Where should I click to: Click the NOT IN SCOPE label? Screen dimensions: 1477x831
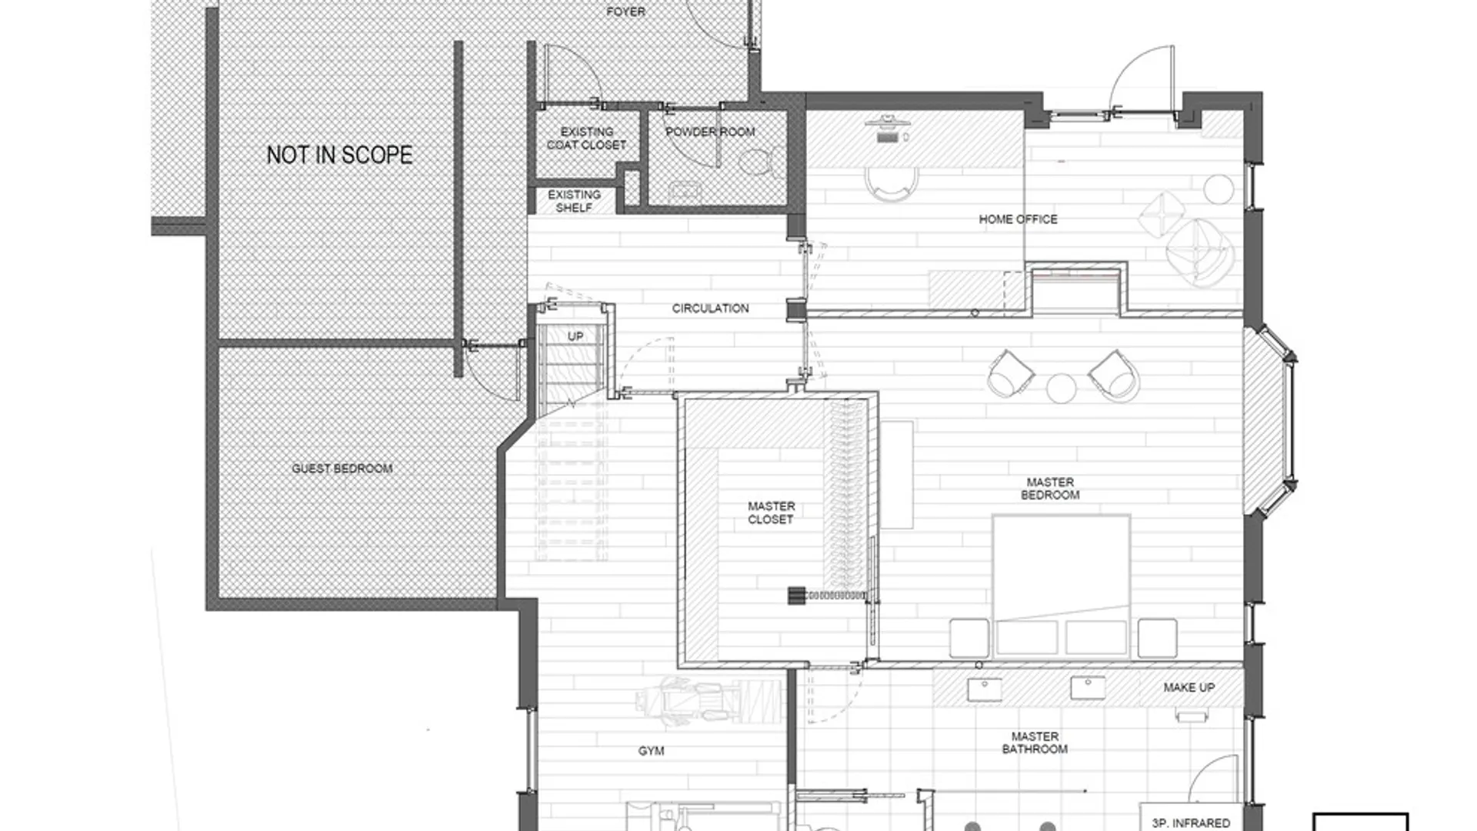coord(339,155)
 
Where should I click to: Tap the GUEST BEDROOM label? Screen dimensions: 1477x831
coord(342,468)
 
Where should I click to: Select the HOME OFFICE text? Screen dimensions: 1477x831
coord(1018,219)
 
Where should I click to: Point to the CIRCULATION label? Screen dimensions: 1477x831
coord(710,309)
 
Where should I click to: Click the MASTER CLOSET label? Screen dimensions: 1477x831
coord(771,512)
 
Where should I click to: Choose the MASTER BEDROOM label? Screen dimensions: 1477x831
coord(1050,489)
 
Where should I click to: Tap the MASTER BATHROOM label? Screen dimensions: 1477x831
coord(1035,743)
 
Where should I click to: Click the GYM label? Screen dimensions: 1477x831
coord(651,751)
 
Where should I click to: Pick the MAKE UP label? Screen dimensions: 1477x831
coord(1189,687)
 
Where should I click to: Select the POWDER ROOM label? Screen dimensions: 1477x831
coord(710,132)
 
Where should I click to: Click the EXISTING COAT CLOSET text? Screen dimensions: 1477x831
coord(586,138)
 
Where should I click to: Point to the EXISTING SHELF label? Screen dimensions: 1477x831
coord(574,202)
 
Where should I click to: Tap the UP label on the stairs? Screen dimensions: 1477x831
coord(575,336)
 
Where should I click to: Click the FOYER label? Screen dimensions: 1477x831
coord(625,12)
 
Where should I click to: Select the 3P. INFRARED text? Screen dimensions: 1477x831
coord(1191,823)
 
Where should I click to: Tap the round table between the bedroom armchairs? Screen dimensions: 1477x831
coord(1061,388)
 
